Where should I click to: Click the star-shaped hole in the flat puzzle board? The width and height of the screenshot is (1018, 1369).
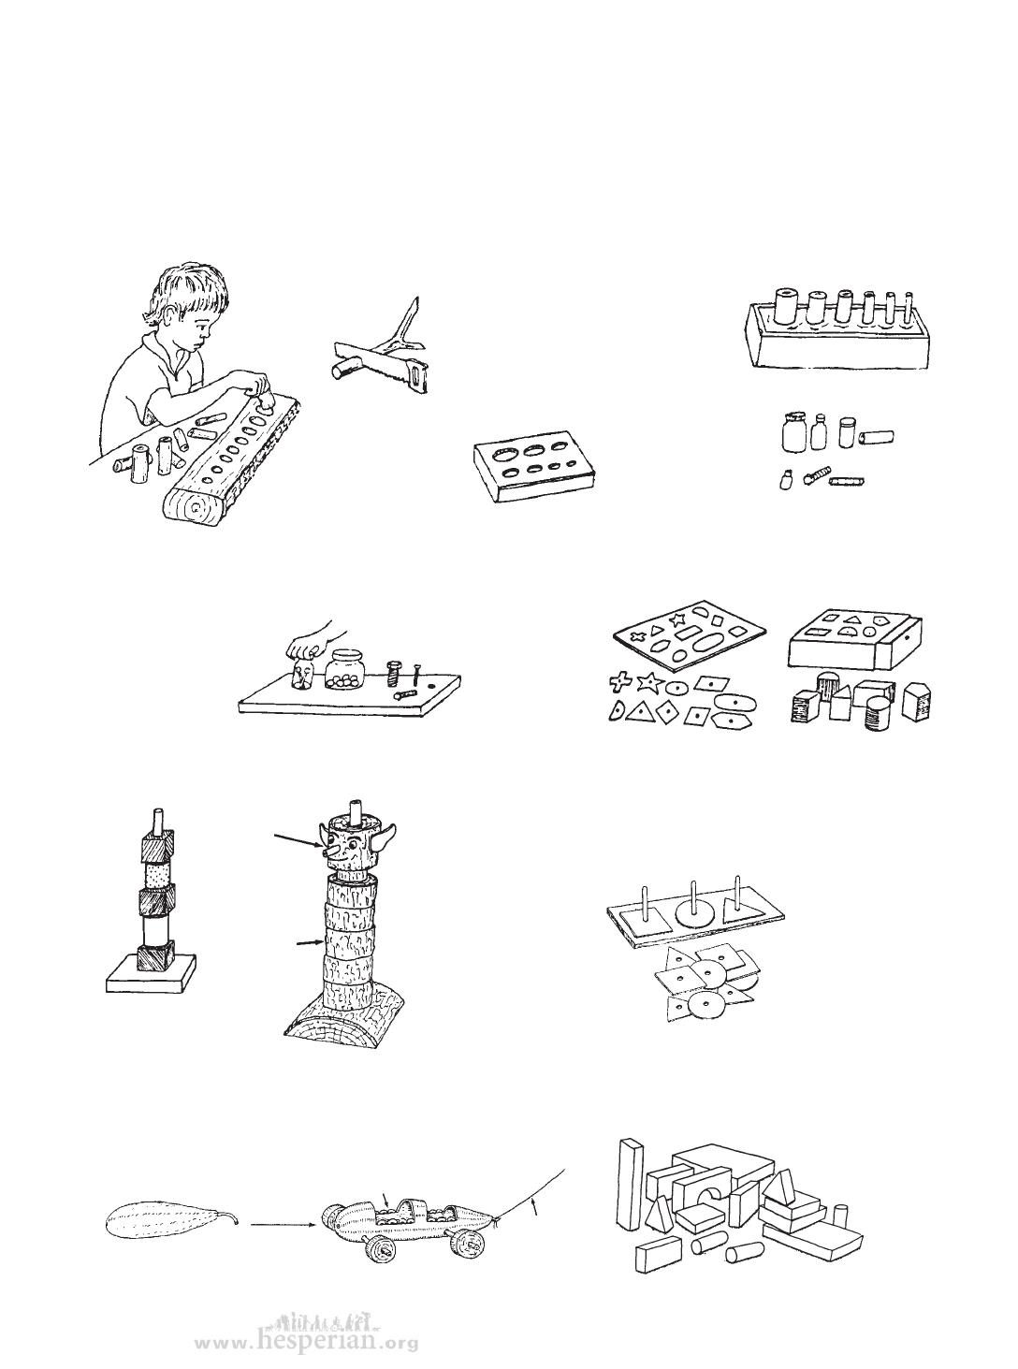pyautogui.click(x=675, y=618)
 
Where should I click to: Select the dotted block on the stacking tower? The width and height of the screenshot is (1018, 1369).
pyautogui.click(x=159, y=873)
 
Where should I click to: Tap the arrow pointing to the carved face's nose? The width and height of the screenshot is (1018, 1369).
pyautogui.click(x=298, y=841)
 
